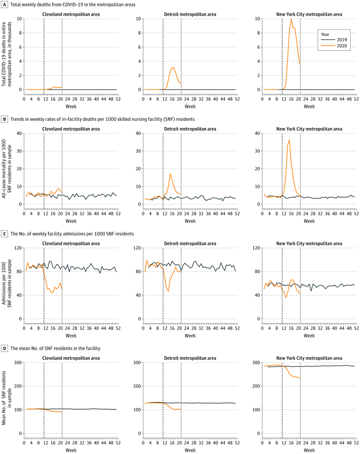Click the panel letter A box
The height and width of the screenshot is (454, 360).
pos(5,4)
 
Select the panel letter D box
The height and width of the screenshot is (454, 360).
pos(5,344)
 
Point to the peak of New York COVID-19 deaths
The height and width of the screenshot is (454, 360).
pos(291,19)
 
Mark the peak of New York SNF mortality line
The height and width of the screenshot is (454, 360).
pos(289,140)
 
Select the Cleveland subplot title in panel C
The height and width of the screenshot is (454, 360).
pos(71,243)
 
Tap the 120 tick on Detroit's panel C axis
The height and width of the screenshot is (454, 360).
pos(137,247)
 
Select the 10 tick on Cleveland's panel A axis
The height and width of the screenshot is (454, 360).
pos(20,19)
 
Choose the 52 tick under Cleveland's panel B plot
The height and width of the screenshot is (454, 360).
pos(116,212)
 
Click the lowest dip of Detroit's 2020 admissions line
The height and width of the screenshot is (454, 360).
pos(168,291)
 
